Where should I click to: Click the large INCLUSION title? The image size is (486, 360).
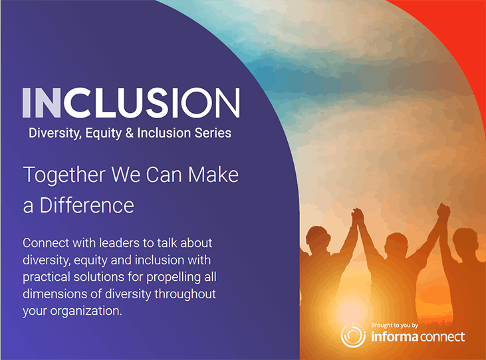[x=131, y=102]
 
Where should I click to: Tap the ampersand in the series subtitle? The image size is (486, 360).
[x=130, y=133]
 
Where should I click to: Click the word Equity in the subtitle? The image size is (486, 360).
[x=104, y=134]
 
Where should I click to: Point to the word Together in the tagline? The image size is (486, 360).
[x=64, y=175]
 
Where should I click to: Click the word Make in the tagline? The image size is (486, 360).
[x=213, y=175]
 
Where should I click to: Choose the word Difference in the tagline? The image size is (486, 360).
[x=87, y=205]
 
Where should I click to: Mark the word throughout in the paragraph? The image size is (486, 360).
[x=185, y=294]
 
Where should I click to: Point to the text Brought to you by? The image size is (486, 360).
[x=394, y=325]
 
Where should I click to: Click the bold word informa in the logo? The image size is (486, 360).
[x=394, y=337]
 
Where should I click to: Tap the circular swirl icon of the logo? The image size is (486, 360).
[x=353, y=335]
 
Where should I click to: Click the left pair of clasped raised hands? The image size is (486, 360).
[x=358, y=216]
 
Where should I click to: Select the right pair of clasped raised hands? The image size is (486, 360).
[x=443, y=213]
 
